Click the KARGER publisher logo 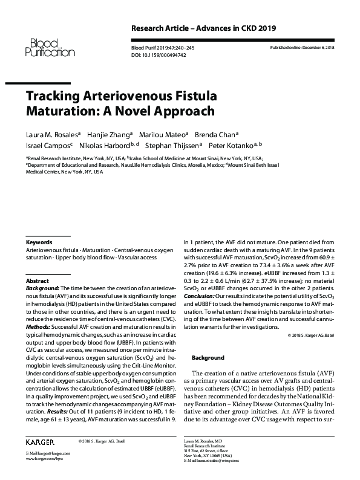click(x=41, y=441)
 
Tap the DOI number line click(x=160, y=55)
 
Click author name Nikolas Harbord click(x=105, y=146)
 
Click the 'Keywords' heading click(x=39, y=242)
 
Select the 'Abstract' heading click(x=38, y=282)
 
